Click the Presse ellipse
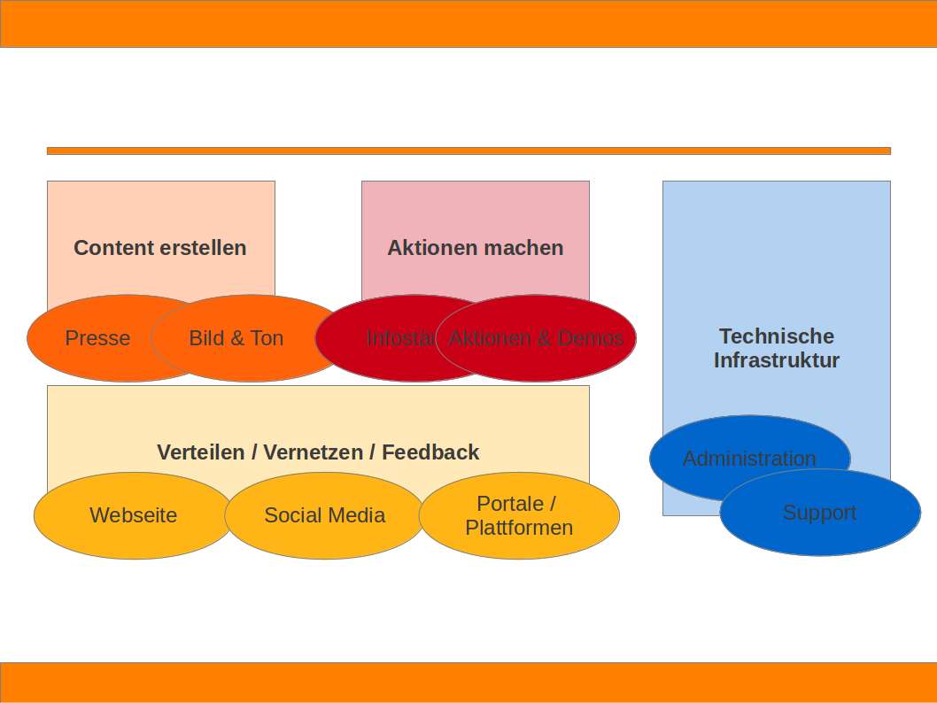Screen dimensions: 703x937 click(x=89, y=338)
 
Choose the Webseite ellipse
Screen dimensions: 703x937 click(x=133, y=515)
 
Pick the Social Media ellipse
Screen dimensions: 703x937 click(x=324, y=515)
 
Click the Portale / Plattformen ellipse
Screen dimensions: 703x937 click(x=519, y=515)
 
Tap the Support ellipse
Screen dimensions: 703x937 click(x=820, y=513)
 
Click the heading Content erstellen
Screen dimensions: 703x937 click(x=160, y=248)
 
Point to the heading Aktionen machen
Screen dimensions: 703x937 click(x=476, y=248)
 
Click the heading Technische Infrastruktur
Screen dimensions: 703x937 click(x=777, y=348)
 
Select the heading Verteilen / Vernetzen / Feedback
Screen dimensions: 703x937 click(x=318, y=452)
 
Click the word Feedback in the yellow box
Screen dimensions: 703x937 click(x=430, y=452)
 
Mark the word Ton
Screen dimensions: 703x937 click(x=267, y=338)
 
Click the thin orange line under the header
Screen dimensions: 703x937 click(x=468, y=151)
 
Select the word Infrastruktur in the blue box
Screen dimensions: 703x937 click(x=777, y=360)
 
